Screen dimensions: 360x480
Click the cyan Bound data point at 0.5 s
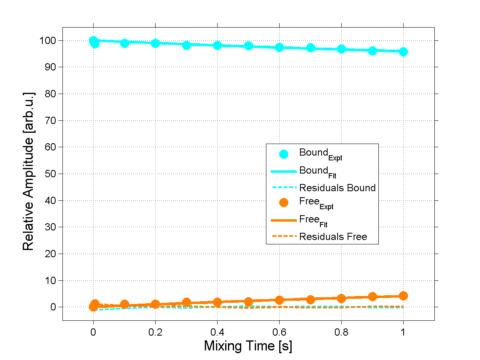pos(248,46)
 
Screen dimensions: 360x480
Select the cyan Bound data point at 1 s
pos(403,52)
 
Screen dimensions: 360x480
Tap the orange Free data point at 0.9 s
pos(372,296)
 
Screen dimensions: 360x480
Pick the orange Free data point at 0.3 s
pos(186,302)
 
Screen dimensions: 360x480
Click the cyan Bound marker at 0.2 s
pos(156,43)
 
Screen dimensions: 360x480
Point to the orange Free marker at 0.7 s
pos(310,300)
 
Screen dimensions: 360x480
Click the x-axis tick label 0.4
pos(217,332)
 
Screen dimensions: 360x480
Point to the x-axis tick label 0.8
pos(341,332)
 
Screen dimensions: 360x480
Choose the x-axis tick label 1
pos(403,332)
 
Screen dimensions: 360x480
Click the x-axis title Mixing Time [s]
pos(248,346)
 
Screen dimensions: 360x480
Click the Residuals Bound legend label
pos(337,188)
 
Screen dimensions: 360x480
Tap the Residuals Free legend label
pos(333,237)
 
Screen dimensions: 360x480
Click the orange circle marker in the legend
pos(284,203)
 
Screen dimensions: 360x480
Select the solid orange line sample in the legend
pos(284,220)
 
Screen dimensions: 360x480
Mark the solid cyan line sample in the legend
pos(284,171)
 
